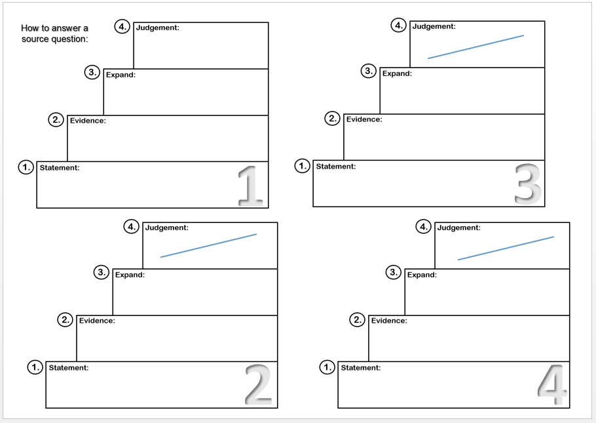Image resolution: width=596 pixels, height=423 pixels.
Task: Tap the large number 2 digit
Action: (258, 385)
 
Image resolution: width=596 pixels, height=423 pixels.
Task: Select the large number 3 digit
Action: (528, 184)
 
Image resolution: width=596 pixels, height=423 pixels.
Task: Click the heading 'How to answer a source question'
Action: (54, 33)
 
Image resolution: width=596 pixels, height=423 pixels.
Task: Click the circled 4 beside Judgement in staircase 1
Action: (122, 27)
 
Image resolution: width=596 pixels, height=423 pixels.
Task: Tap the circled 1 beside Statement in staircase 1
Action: (26, 167)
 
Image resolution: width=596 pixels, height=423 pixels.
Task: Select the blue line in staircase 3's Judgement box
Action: (475, 47)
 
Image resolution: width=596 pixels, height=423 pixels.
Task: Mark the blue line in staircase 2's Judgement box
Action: (208, 245)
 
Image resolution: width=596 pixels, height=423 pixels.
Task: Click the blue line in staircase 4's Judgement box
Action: (506, 248)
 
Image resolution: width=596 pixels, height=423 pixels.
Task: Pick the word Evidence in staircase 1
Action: (88, 121)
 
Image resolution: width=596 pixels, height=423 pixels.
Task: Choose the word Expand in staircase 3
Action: (397, 73)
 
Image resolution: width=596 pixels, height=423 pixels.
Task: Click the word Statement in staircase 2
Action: (68, 368)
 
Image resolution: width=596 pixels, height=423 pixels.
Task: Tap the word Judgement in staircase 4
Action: (458, 228)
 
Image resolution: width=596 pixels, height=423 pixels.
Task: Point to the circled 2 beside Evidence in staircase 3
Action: (333, 119)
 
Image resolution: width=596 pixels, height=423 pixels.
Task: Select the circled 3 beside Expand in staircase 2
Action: (102, 272)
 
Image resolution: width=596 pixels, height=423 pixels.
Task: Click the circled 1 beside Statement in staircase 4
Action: (327, 367)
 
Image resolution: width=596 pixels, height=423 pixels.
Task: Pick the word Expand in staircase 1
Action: (121, 75)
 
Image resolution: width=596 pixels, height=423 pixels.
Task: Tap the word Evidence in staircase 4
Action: (389, 321)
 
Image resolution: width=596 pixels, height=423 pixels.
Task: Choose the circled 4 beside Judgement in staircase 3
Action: (399, 26)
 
